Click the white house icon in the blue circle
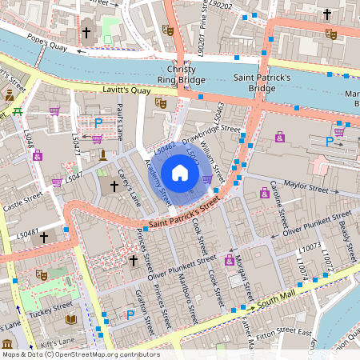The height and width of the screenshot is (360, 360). click(180, 172)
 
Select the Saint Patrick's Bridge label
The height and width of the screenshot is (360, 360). click(264, 82)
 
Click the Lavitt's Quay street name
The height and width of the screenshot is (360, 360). click(126, 91)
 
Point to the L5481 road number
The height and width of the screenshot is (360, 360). click(27, 233)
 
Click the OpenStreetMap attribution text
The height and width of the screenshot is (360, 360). click(80, 354)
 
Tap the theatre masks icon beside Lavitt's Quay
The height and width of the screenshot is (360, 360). click(160, 103)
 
